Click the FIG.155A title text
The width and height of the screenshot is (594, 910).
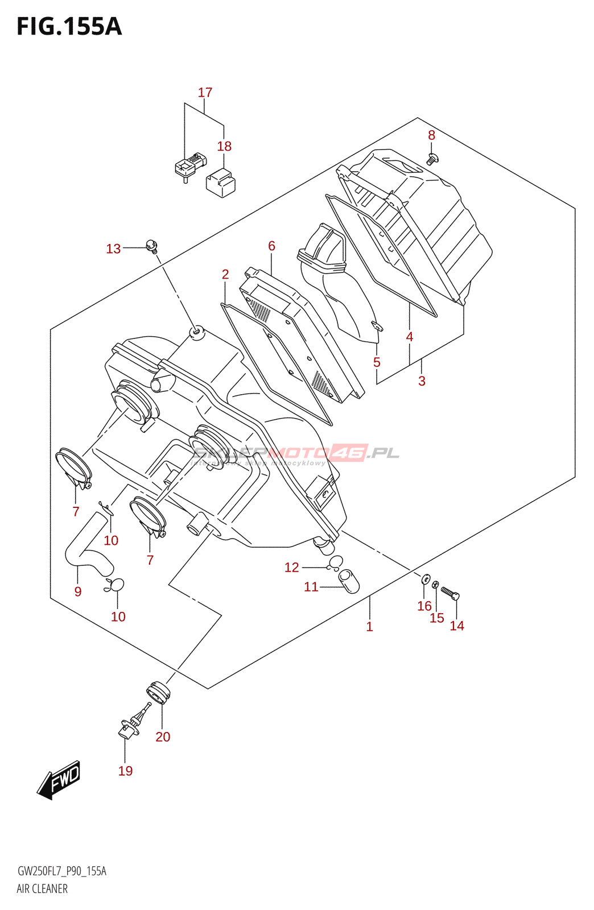coord(69,26)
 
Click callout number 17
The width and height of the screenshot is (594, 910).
coord(205,92)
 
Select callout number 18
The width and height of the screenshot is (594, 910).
coord(224,146)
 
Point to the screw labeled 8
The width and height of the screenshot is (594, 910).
coord(432,159)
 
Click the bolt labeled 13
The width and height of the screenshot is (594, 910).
coord(152,246)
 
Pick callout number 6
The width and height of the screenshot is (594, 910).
coord(271,246)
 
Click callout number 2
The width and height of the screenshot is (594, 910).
coord(225,274)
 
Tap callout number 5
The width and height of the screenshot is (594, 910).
coord(377,362)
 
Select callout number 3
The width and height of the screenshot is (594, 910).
coord(422,381)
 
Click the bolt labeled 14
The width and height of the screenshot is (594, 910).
coord(450,594)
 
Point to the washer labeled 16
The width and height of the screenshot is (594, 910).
coord(426,580)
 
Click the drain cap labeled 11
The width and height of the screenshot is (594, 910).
coord(349,581)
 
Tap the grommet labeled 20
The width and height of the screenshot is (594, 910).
coord(158,693)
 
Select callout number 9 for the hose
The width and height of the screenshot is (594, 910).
coord(78,591)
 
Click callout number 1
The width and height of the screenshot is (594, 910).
coord(369,627)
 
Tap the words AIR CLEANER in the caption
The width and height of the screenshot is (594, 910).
coord(42,889)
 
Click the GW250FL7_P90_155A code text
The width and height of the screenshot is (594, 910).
coord(62,871)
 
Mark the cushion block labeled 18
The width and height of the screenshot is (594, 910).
coord(221,182)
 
